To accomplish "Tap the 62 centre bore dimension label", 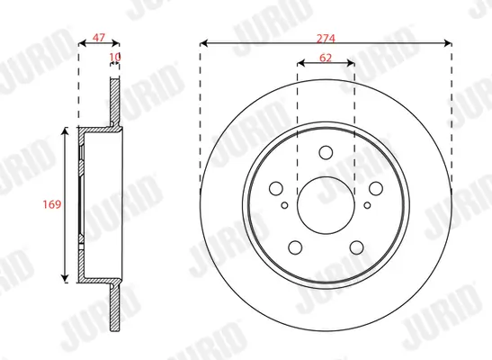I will pyautogui.click(x=325, y=58).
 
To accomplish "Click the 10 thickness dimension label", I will pyautogui.click(x=113, y=58).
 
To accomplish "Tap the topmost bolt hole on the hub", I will pyautogui.click(x=325, y=151).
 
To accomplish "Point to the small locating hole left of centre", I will pyautogui.click(x=286, y=205).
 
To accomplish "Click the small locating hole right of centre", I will pyautogui.click(x=363, y=205).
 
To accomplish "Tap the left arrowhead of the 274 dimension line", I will pyautogui.click(x=203, y=41).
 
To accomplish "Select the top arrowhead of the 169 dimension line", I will pyautogui.click(x=65, y=131).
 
